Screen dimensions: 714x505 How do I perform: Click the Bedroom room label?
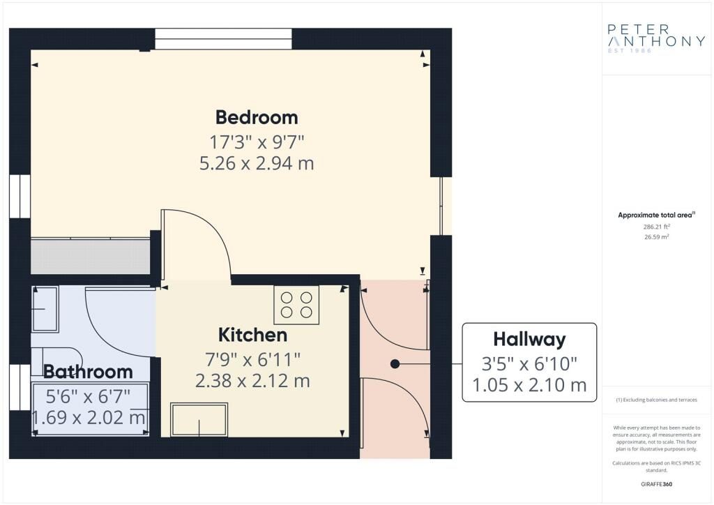tap(257, 117)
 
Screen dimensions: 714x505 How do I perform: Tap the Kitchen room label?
tap(252, 335)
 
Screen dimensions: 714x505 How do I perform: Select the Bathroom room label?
tap(88, 372)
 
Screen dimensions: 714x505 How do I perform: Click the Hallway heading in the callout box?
tap(530, 340)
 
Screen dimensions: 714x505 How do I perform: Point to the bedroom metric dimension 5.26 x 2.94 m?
tap(257, 163)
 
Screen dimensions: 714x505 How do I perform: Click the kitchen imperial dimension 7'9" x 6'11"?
tap(252, 360)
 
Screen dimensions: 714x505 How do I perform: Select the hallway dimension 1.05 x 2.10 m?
tap(530, 386)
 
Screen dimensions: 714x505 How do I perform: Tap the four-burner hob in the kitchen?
tap(296, 305)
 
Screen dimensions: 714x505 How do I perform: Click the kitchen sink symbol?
tap(199, 420)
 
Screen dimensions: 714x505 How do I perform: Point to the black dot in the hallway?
tap(395, 364)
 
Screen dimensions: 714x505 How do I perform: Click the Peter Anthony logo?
tap(656, 38)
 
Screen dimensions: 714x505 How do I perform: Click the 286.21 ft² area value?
tap(656, 226)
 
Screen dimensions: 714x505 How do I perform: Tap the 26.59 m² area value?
tap(656, 236)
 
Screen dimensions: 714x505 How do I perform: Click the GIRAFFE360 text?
tap(656, 484)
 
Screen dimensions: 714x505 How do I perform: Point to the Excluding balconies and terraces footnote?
tap(656, 400)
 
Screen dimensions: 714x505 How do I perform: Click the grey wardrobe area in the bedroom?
tap(90, 257)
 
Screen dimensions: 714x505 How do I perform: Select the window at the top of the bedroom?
tap(223, 38)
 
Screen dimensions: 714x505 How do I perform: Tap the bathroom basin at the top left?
tap(45, 309)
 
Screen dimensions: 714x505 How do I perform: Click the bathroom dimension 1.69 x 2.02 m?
tap(89, 417)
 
